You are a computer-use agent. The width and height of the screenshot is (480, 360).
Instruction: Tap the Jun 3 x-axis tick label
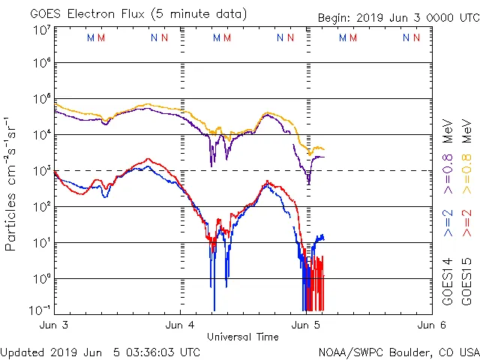[55, 325]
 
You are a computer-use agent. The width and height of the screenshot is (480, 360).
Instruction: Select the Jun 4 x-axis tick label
[181, 325]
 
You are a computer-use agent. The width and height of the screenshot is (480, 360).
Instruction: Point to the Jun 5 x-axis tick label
[306, 325]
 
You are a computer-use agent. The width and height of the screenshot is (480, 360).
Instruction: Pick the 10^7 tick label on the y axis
[41, 31]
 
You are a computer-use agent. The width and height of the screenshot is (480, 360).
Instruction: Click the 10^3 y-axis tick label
[41, 171]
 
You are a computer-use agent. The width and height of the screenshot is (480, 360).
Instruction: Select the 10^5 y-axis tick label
[41, 100]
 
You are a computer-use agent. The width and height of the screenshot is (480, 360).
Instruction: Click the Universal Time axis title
[243, 337]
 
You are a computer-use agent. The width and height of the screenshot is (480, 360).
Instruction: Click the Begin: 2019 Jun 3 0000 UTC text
[397, 17]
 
